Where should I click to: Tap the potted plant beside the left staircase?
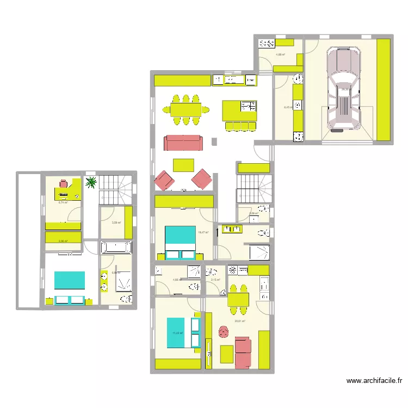coord(91,182)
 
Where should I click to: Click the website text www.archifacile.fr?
coord(374,381)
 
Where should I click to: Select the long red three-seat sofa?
coord(183,143)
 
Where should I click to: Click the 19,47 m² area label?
coord(203,232)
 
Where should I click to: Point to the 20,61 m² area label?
coord(240,321)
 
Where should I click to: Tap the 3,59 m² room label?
coord(116,222)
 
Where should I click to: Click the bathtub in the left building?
coord(116,248)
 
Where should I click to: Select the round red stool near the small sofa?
coord(224,331)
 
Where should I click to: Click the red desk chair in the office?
coord(64,183)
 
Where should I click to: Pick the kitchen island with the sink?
coord(239,110)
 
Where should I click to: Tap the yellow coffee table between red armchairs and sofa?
coord(183,165)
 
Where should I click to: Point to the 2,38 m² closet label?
coord(63,240)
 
